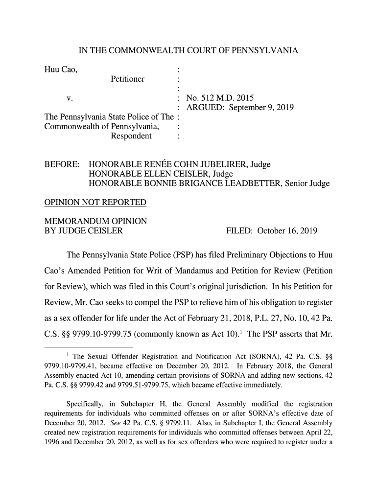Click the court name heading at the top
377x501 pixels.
click(x=188, y=51)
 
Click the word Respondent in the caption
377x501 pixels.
click(x=131, y=136)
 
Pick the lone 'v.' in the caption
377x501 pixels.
click(x=70, y=97)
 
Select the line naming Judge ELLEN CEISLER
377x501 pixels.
click(x=160, y=174)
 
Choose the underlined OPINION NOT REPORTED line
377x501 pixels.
click(x=95, y=203)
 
